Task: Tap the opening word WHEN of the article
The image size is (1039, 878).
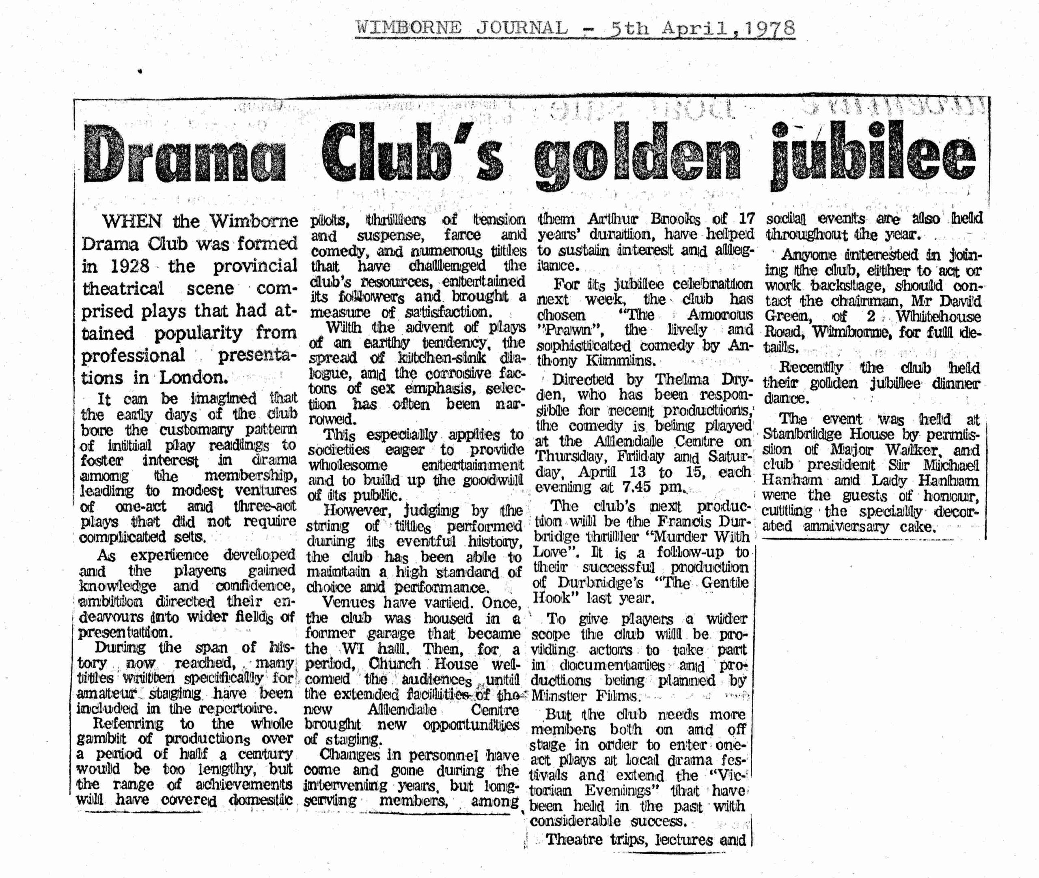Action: (132, 221)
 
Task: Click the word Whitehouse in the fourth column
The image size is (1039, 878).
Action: (938, 316)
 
